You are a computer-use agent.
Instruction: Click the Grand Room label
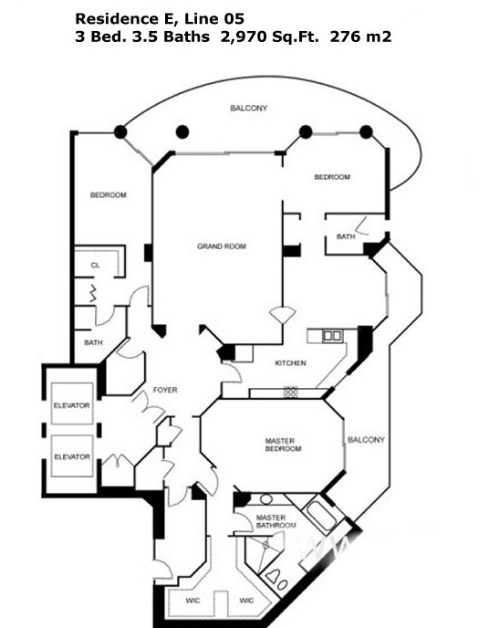click(x=222, y=246)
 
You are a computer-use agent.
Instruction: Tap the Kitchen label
click(x=290, y=363)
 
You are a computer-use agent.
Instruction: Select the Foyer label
click(x=165, y=390)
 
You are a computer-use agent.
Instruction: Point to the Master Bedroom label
click(x=283, y=445)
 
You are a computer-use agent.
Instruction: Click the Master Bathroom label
click(x=276, y=521)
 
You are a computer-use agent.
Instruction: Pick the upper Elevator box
click(x=72, y=403)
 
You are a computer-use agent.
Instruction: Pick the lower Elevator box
click(x=72, y=455)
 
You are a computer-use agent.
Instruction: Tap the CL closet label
click(x=95, y=265)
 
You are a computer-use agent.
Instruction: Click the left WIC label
click(x=192, y=601)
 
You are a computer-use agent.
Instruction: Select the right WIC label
click(x=246, y=601)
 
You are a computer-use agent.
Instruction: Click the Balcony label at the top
click(x=248, y=108)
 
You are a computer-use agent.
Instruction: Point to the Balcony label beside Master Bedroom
click(x=366, y=440)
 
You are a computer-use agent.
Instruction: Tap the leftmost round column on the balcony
click(x=120, y=131)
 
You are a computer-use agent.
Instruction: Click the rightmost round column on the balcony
click(x=366, y=131)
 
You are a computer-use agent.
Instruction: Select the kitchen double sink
click(x=332, y=336)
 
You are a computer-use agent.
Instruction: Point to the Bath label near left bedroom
click(x=93, y=342)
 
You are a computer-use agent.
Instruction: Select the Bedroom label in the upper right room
click(x=332, y=177)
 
